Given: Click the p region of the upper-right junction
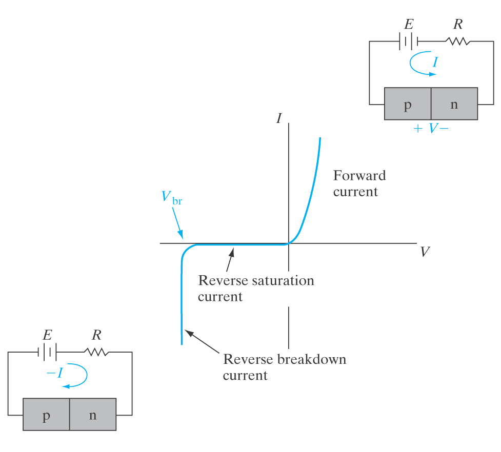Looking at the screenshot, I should pyautogui.click(x=408, y=104).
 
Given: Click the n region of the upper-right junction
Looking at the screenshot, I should pyautogui.click(x=454, y=104).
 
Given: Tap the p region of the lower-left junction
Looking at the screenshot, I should pyautogui.click(x=46, y=414).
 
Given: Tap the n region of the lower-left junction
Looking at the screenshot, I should pyautogui.click(x=93, y=414).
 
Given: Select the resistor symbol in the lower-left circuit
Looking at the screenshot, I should pyautogui.click(x=96, y=352).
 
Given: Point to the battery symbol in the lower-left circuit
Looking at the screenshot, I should pyautogui.click(x=47, y=352).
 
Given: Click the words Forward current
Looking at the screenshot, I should pyautogui.click(x=359, y=183).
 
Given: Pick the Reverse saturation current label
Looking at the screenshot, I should pyautogui.click(x=256, y=288).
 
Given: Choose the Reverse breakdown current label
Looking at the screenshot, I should pyautogui.click(x=284, y=366).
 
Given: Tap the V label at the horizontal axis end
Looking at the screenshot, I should pyautogui.click(x=425, y=252).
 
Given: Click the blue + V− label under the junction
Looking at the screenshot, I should pyautogui.click(x=431, y=128).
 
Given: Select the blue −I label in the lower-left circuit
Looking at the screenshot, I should pyautogui.click(x=54, y=373).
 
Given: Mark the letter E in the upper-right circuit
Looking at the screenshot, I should pyautogui.click(x=409, y=24).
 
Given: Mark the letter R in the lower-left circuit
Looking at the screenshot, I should pyautogui.click(x=96, y=335).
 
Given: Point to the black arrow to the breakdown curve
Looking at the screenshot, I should pyautogui.click(x=202, y=342).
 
